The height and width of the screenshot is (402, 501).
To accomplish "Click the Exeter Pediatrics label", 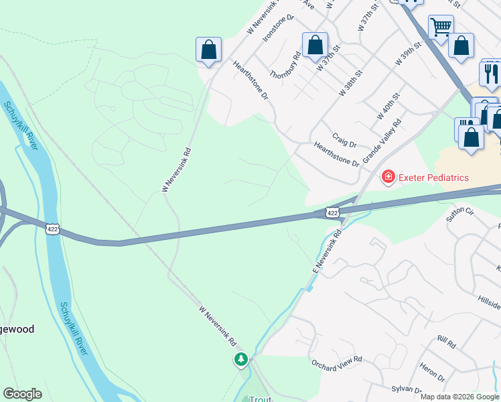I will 433,178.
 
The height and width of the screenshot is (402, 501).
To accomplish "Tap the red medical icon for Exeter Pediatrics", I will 387,177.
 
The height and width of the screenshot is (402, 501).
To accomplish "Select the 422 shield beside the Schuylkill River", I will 52,229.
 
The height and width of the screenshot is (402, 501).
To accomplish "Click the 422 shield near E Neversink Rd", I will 332,212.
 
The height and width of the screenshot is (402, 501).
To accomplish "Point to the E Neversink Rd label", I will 327,251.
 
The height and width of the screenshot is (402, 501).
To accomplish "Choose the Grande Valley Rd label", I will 382,141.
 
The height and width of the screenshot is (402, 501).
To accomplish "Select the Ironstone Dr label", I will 279,27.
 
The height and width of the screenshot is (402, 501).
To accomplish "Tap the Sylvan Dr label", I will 407,390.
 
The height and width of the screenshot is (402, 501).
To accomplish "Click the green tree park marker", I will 241,360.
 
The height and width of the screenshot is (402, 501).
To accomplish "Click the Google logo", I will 22,394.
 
